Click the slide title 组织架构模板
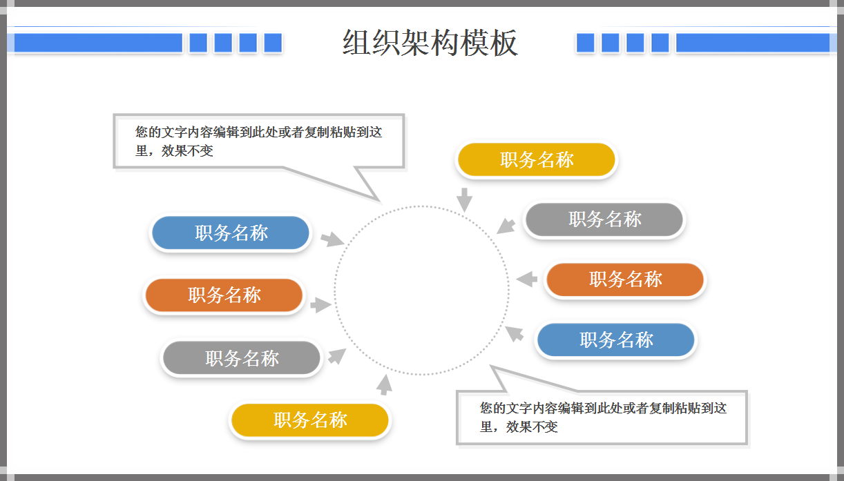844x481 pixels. pos(430,43)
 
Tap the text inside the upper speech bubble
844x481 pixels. pos(258,141)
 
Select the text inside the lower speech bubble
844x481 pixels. pos(602,417)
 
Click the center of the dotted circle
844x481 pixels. pos(422,291)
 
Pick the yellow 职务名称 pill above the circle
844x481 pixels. pos(536,160)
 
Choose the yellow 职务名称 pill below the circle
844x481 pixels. pos(310,420)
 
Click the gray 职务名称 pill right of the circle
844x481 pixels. pos(604,219)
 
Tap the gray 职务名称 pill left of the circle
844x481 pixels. pos(242,359)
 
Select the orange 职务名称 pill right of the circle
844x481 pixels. pos(625,279)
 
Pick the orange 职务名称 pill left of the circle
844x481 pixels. pos(224,295)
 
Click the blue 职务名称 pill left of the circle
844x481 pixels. pos(231,233)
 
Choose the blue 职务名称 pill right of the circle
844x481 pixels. pos(616,340)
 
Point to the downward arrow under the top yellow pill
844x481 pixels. pos(465,199)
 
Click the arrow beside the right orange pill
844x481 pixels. pos(528,279)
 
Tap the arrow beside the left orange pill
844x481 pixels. pos(321,305)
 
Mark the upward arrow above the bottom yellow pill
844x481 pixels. pos(385,384)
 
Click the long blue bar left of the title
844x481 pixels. pos(97,43)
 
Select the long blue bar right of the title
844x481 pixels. pos(752,43)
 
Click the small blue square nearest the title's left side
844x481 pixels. pos(273,43)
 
